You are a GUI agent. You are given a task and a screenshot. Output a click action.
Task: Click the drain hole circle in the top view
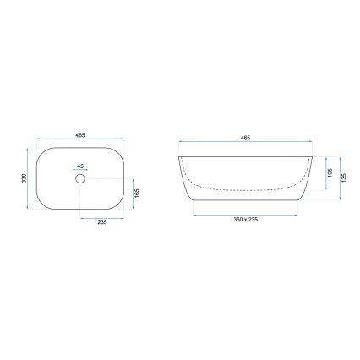[81, 179]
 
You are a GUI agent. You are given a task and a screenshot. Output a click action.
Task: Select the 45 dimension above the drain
[80, 166]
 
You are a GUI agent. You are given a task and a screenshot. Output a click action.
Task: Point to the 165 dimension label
[138, 194]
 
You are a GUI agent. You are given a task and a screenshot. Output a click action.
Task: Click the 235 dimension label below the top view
[101, 222]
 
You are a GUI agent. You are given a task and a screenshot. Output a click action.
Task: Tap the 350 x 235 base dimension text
[246, 221]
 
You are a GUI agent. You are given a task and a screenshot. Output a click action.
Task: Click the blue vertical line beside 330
[30, 178]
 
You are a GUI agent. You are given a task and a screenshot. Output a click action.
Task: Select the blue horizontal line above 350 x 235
[246, 215]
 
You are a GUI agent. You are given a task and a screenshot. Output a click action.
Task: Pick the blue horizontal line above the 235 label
[101, 216]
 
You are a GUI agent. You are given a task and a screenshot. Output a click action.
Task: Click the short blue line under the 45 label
[80, 172]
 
